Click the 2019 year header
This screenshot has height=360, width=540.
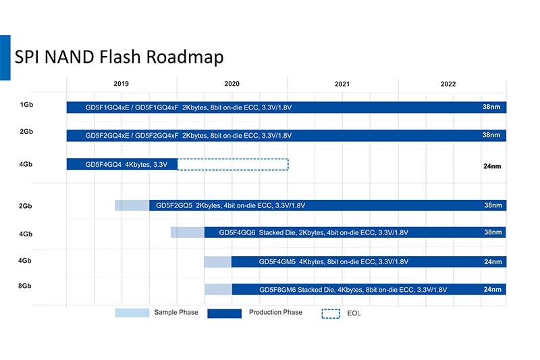tap(122, 84)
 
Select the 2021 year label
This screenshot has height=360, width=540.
tap(342, 84)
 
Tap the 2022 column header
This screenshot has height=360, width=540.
tap(448, 84)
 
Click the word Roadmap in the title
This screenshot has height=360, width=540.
tap(185, 57)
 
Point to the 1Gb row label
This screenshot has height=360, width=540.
tap(26, 105)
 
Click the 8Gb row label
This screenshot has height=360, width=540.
tap(25, 286)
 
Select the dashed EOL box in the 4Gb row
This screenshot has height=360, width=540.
tap(233, 164)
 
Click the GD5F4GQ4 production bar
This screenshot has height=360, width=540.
tap(122, 164)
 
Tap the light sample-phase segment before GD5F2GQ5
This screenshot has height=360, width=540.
tap(132, 205)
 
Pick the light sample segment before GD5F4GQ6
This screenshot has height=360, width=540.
tap(188, 232)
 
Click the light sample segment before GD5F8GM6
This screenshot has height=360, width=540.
tap(218, 289)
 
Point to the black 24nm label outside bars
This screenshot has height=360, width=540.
tap(492, 166)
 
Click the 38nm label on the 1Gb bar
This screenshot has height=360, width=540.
tap(491, 107)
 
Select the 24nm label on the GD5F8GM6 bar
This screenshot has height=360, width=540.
tap(493, 289)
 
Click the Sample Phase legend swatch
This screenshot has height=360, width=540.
tap(132, 313)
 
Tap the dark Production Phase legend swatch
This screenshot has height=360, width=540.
tap(224, 313)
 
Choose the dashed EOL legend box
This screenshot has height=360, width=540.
tap(331, 313)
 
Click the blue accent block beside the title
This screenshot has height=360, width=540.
tap(5, 57)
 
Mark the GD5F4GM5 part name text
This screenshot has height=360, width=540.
tap(277, 262)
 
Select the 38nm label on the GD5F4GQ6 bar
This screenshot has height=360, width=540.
tap(493, 232)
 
